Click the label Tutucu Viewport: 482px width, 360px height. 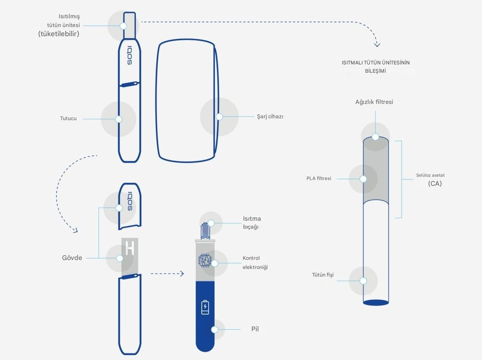pyautogui.click(x=68, y=118)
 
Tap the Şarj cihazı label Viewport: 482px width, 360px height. pyautogui.click(x=270, y=116)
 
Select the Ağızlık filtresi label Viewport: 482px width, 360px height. pyautogui.click(x=374, y=102)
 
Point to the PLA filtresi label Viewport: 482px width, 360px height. pyautogui.click(x=319, y=179)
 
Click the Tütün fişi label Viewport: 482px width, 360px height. pyautogui.click(x=323, y=275)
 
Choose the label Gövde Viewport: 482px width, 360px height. pyautogui.click(x=72, y=258)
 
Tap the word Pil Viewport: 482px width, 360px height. pyautogui.click(x=255, y=329)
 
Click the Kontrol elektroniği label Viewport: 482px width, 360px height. pyautogui.click(x=255, y=263)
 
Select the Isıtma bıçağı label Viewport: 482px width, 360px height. pyautogui.click(x=252, y=222)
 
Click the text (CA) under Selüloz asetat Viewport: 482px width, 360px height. pyautogui.click(x=435, y=183)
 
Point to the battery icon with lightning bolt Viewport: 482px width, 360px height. pyautogui.click(x=205, y=307)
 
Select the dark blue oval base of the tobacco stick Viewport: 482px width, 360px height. pyautogui.click(x=376, y=302)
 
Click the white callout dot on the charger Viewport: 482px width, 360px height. pyautogui.click(x=219, y=117)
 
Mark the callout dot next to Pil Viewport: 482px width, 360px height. pyautogui.click(x=214, y=330)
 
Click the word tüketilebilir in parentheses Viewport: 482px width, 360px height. pyautogui.click(x=59, y=34)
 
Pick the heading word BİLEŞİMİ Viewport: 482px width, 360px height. pyautogui.click(x=376, y=71)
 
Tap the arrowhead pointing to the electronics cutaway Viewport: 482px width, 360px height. pyautogui.click(x=182, y=274)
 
